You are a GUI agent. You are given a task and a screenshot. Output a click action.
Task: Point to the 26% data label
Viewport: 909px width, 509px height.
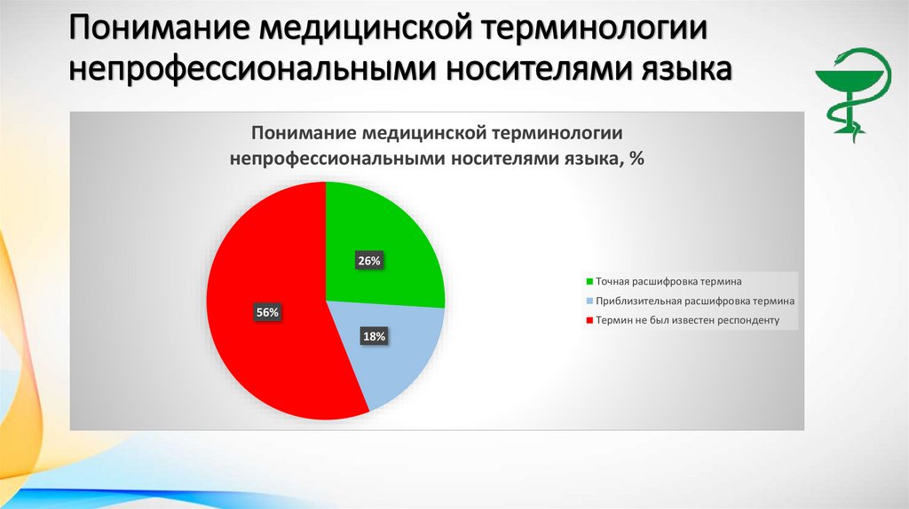(x=369, y=261)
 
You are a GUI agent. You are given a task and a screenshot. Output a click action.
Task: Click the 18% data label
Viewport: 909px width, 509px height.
(x=373, y=336)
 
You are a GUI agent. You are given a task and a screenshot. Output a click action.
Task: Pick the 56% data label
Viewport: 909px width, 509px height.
(x=267, y=312)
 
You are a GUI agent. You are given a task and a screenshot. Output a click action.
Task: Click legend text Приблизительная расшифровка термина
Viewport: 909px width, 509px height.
(x=695, y=301)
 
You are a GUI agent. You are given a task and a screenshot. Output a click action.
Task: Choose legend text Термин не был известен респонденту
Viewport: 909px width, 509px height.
(x=687, y=320)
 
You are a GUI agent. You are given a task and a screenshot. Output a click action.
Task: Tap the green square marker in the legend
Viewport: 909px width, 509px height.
(x=589, y=281)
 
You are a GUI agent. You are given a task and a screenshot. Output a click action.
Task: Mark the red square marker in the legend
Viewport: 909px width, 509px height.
(x=589, y=320)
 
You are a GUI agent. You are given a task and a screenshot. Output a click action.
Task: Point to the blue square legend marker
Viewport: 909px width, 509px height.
(x=589, y=301)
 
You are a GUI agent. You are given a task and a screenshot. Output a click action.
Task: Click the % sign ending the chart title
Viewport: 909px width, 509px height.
(x=636, y=159)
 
